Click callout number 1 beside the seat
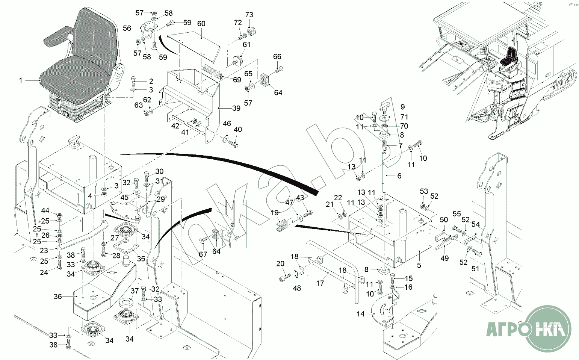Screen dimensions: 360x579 coord(21,80)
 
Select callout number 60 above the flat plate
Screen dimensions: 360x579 coord(201,24)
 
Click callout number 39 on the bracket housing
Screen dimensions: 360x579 coord(236,108)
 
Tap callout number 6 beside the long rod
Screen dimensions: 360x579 coord(399,176)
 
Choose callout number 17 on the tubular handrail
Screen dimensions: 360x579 coord(320,283)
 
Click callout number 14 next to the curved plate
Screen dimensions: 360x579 coord(361,314)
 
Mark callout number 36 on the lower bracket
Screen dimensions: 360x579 coord(57,296)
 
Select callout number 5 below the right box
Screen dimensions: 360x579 coord(419,265)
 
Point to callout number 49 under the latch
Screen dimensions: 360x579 coord(444,258)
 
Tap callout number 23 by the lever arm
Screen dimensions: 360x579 coord(44,251)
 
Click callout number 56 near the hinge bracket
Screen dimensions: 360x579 coord(127,28)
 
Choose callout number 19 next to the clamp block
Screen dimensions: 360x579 coord(275,213)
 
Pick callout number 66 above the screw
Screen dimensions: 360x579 coord(277,57)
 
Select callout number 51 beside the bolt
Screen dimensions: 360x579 coord(476,269)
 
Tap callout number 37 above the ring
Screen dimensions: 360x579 coord(135,291)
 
